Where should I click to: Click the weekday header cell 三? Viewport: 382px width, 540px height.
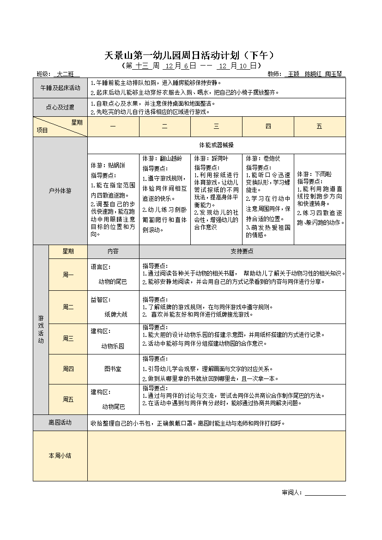[x=216, y=126]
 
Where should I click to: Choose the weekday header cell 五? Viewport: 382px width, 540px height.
[x=319, y=126]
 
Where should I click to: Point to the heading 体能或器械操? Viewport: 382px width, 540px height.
[x=216, y=145]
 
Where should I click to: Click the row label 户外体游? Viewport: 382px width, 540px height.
[x=60, y=190]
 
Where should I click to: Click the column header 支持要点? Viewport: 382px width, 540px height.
[x=242, y=252]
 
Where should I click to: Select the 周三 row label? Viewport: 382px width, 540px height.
[x=68, y=338]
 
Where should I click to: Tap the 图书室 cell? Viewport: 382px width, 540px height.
[x=113, y=369]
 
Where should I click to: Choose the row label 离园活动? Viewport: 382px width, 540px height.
[x=60, y=422]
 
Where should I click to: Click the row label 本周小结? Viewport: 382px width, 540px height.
[x=60, y=456]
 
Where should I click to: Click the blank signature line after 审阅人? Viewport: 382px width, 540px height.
[x=325, y=492]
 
